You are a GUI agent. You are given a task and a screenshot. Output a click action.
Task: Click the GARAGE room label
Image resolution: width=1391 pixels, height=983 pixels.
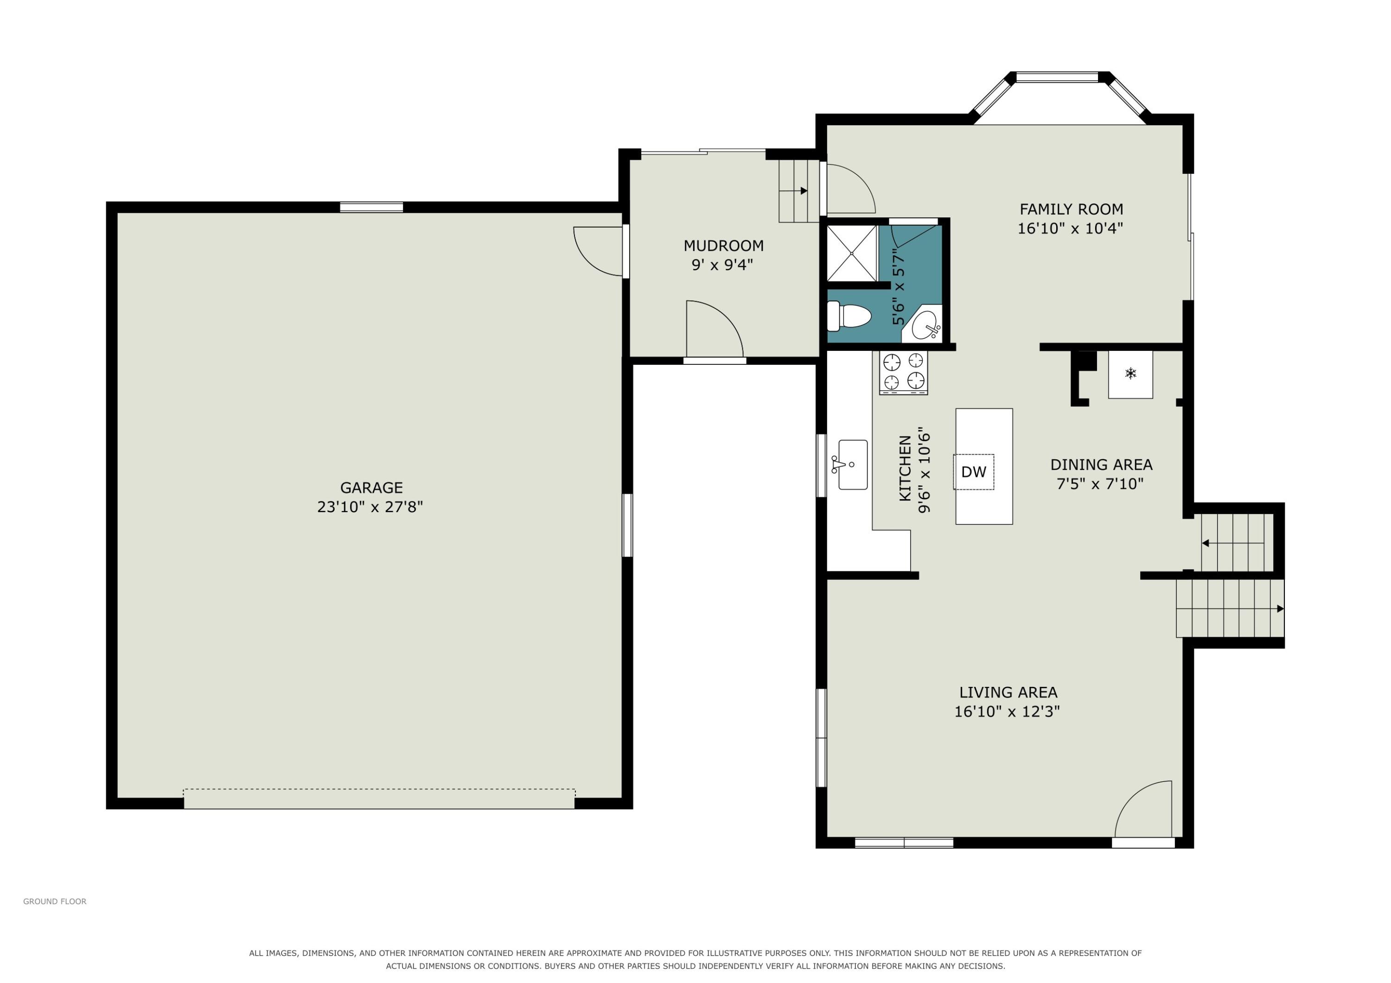[371, 488]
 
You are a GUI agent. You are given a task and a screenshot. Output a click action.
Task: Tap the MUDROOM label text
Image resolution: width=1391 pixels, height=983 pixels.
[723, 246]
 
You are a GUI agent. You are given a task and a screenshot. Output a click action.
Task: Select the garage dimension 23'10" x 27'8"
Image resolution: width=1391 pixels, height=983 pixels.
[370, 507]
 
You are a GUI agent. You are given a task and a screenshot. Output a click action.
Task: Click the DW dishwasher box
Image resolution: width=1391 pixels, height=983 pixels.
[974, 472]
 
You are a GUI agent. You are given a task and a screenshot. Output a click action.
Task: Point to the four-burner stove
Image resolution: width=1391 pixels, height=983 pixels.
[903, 373]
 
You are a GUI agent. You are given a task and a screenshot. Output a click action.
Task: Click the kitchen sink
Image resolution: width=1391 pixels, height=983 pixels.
[852, 464]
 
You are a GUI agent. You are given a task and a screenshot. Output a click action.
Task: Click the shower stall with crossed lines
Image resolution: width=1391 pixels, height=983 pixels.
[852, 253]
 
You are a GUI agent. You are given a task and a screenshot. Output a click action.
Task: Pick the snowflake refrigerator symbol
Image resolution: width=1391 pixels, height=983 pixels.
[1130, 373]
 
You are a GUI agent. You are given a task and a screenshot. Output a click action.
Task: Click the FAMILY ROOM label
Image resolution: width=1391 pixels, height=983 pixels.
[1071, 209]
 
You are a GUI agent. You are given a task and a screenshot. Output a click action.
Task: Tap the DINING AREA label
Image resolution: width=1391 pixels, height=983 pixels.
[1101, 464]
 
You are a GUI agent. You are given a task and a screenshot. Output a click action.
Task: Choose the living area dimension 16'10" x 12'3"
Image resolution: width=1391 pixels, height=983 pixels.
[1007, 711]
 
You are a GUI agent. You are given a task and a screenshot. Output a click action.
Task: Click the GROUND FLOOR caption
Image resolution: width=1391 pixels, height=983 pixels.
[55, 901]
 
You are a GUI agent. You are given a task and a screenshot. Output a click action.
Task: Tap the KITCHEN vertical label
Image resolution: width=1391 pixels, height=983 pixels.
[905, 468]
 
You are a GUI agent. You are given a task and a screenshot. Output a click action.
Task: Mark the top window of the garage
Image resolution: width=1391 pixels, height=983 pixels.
[371, 207]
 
